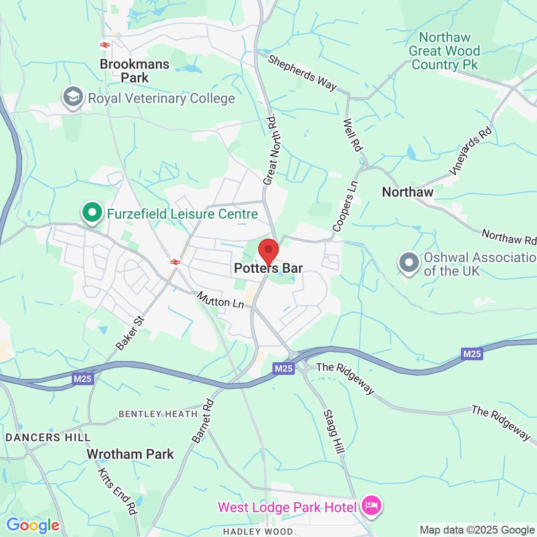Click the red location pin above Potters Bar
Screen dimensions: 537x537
pyautogui.click(x=268, y=251)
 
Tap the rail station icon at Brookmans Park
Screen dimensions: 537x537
pyautogui.click(x=104, y=45)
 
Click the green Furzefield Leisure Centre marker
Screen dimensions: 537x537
pyautogui.click(x=92, y=213)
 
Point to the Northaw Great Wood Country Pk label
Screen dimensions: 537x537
pyautogui.click(x=444, y=51)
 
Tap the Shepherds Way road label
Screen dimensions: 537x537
pyautogui.click(x=303, y=73)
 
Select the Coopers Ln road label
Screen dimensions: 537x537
pyautogui.click(x=345, y=207)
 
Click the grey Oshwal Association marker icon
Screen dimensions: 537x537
pyautogui.click(x=409, y=263)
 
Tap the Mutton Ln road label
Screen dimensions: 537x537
pyautogui.click(x=220, y=300)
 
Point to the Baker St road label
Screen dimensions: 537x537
pyautogui.click(x=130, y=333)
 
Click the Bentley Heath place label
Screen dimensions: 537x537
pyautogui.click(x=158, y=414)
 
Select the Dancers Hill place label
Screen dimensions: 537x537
pyautogui.click(x=48, y=437)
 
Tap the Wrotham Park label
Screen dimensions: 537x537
pyautogui.click(x=130, y=454)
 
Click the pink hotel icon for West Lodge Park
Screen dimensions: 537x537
pyautogui.click(x=372, y=505)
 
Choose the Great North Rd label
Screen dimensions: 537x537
pyautogui.click(x=270, y=149)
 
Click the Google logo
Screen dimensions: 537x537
pyautogui.click(x=33, y=525)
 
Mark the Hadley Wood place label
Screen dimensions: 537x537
pyautogui.click(x=258, y=531)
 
